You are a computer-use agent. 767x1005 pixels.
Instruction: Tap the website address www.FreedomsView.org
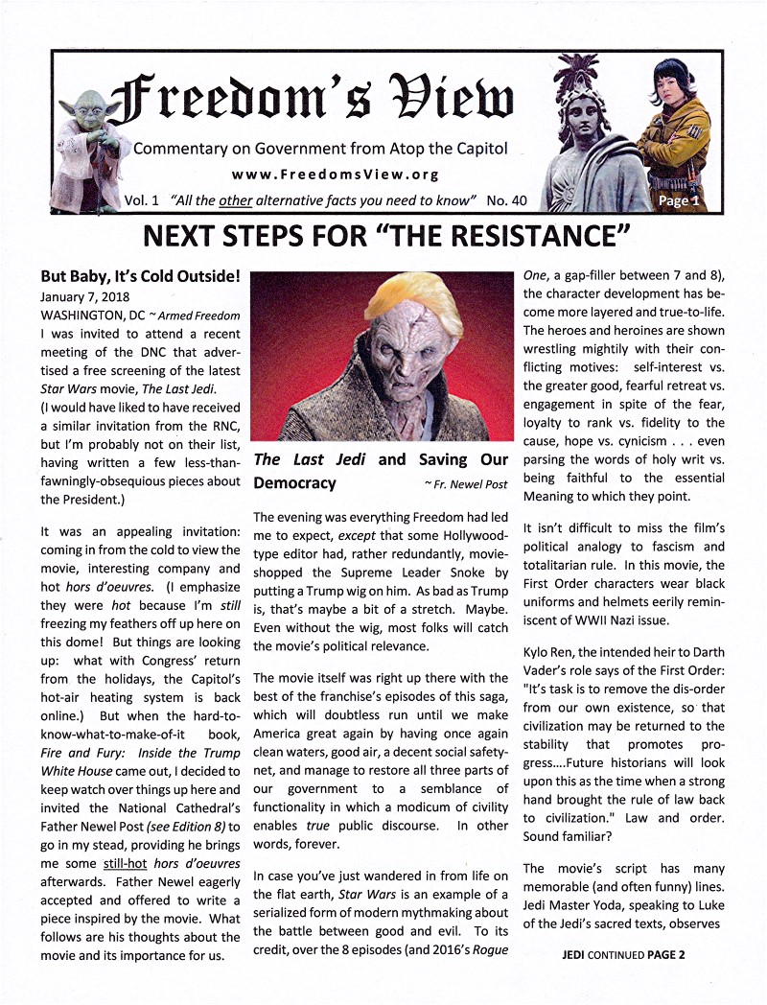(x=321, y=175)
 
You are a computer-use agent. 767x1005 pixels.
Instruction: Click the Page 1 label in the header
(x=679, y=200)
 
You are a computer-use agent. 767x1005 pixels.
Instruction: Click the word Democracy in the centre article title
(x=295, y=482)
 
